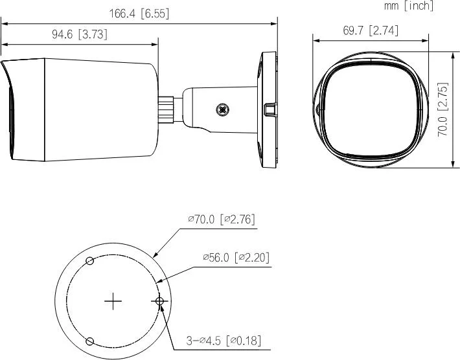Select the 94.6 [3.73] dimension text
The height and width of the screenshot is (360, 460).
pyautogui.click(x=80, y=35)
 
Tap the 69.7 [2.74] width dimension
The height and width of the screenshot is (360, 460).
pyautogui.click(x=370, y=30)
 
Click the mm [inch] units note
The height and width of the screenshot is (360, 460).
pyautogui.click(x=408, y=6)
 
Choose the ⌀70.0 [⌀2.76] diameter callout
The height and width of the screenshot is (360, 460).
pyautogui.click(x=222, y=219)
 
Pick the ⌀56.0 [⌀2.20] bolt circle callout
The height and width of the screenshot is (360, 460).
pyautogui.click(x=236, y=257)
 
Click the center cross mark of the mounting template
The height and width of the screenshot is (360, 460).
pyautogui.click(x=114, y=300)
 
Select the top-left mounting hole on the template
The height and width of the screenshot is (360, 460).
pyautogui.click(x=90, y=260)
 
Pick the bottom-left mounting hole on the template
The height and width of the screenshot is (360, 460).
pyautogui.click(x=90, y=341)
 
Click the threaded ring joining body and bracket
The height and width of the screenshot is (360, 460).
pyautogui.click(x=168, y=109)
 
